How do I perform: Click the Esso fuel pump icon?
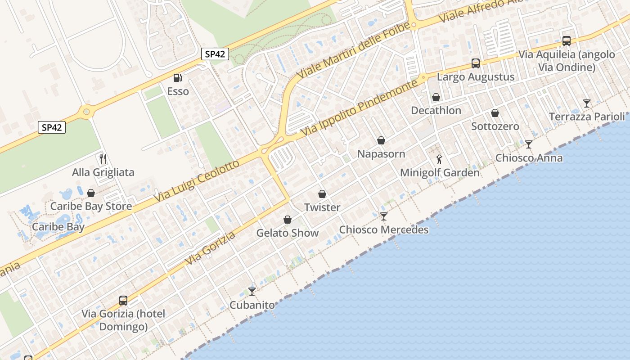[x=178, y=78]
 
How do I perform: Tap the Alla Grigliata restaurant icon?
[x=103, y=158]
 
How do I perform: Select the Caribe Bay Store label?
[x=91, y=207]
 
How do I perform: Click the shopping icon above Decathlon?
[x=436, y=97]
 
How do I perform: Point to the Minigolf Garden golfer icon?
[x=440, y=159]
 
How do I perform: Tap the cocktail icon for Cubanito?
[x=252, y=292]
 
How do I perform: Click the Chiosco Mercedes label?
[x=383, y=230]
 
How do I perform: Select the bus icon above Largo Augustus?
[x=476, y=63]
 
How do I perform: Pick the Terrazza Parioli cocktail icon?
[x=587, y=103]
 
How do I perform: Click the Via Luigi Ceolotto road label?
[x=197, y=181]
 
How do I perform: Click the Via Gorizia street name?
[x=210, y=248]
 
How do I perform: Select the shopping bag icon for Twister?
[x=322, y=194]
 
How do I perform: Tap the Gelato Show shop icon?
[x=288, y=220]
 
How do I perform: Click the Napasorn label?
[x=381, y=154]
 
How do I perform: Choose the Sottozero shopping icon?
[x=495, y=113]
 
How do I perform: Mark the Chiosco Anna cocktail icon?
[x=529, y=144]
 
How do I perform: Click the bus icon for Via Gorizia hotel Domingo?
[x=123, y=301]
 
